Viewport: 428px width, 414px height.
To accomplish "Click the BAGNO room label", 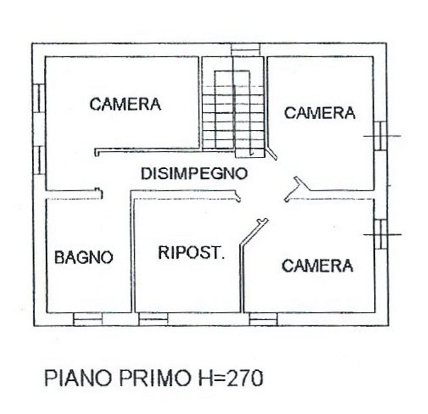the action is (x=84, y=257).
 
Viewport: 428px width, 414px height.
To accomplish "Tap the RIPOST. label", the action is (x=191, y=252).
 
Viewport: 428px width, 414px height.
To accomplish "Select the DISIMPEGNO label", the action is (x=195, y=173).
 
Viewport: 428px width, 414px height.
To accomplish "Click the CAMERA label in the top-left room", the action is (x=125, y=104).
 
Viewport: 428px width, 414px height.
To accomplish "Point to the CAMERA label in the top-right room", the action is (x=320, y=113).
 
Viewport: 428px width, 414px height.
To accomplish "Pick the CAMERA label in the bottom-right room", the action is (x=318, y=266).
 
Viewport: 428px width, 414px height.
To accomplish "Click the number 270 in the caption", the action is (x=245, y=378).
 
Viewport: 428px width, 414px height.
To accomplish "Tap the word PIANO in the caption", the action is (x=78, y=378).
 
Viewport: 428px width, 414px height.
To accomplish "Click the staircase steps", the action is (x=233, y=117).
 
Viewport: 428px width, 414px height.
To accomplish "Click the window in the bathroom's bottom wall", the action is (x=88, y=319).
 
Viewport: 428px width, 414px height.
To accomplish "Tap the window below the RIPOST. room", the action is (x=154, y=319).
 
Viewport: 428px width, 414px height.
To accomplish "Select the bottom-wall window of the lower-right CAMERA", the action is (x=263, y=319).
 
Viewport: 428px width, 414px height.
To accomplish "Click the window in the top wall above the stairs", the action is (x=245, y=49).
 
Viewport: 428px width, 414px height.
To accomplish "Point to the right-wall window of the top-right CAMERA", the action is (x=380, y=136).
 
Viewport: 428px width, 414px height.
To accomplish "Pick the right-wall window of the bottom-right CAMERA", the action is (x=380, y=234).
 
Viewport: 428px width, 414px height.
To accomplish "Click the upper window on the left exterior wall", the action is (x=39, y=98).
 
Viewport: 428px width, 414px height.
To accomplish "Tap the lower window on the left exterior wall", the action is (x=39, y=161).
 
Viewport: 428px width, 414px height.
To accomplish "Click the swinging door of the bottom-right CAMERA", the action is (x=254, y=232).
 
